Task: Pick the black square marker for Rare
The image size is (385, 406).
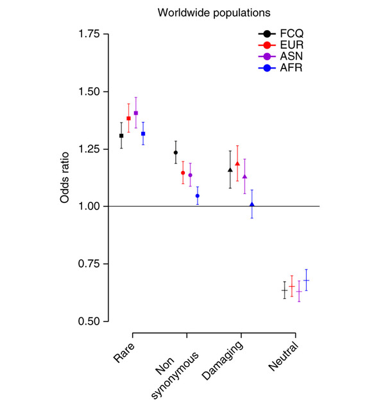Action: [121, 136]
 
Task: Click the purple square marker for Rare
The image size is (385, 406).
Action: [136, 113]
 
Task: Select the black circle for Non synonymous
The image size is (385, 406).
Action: [176, 152]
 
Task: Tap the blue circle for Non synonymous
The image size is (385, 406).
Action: [198, 196]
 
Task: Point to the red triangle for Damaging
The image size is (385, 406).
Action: [237, 164]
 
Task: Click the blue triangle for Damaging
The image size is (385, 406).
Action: [252, 205]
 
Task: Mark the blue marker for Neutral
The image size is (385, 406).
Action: [306, 280]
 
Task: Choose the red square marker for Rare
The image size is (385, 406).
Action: [128, 118]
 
